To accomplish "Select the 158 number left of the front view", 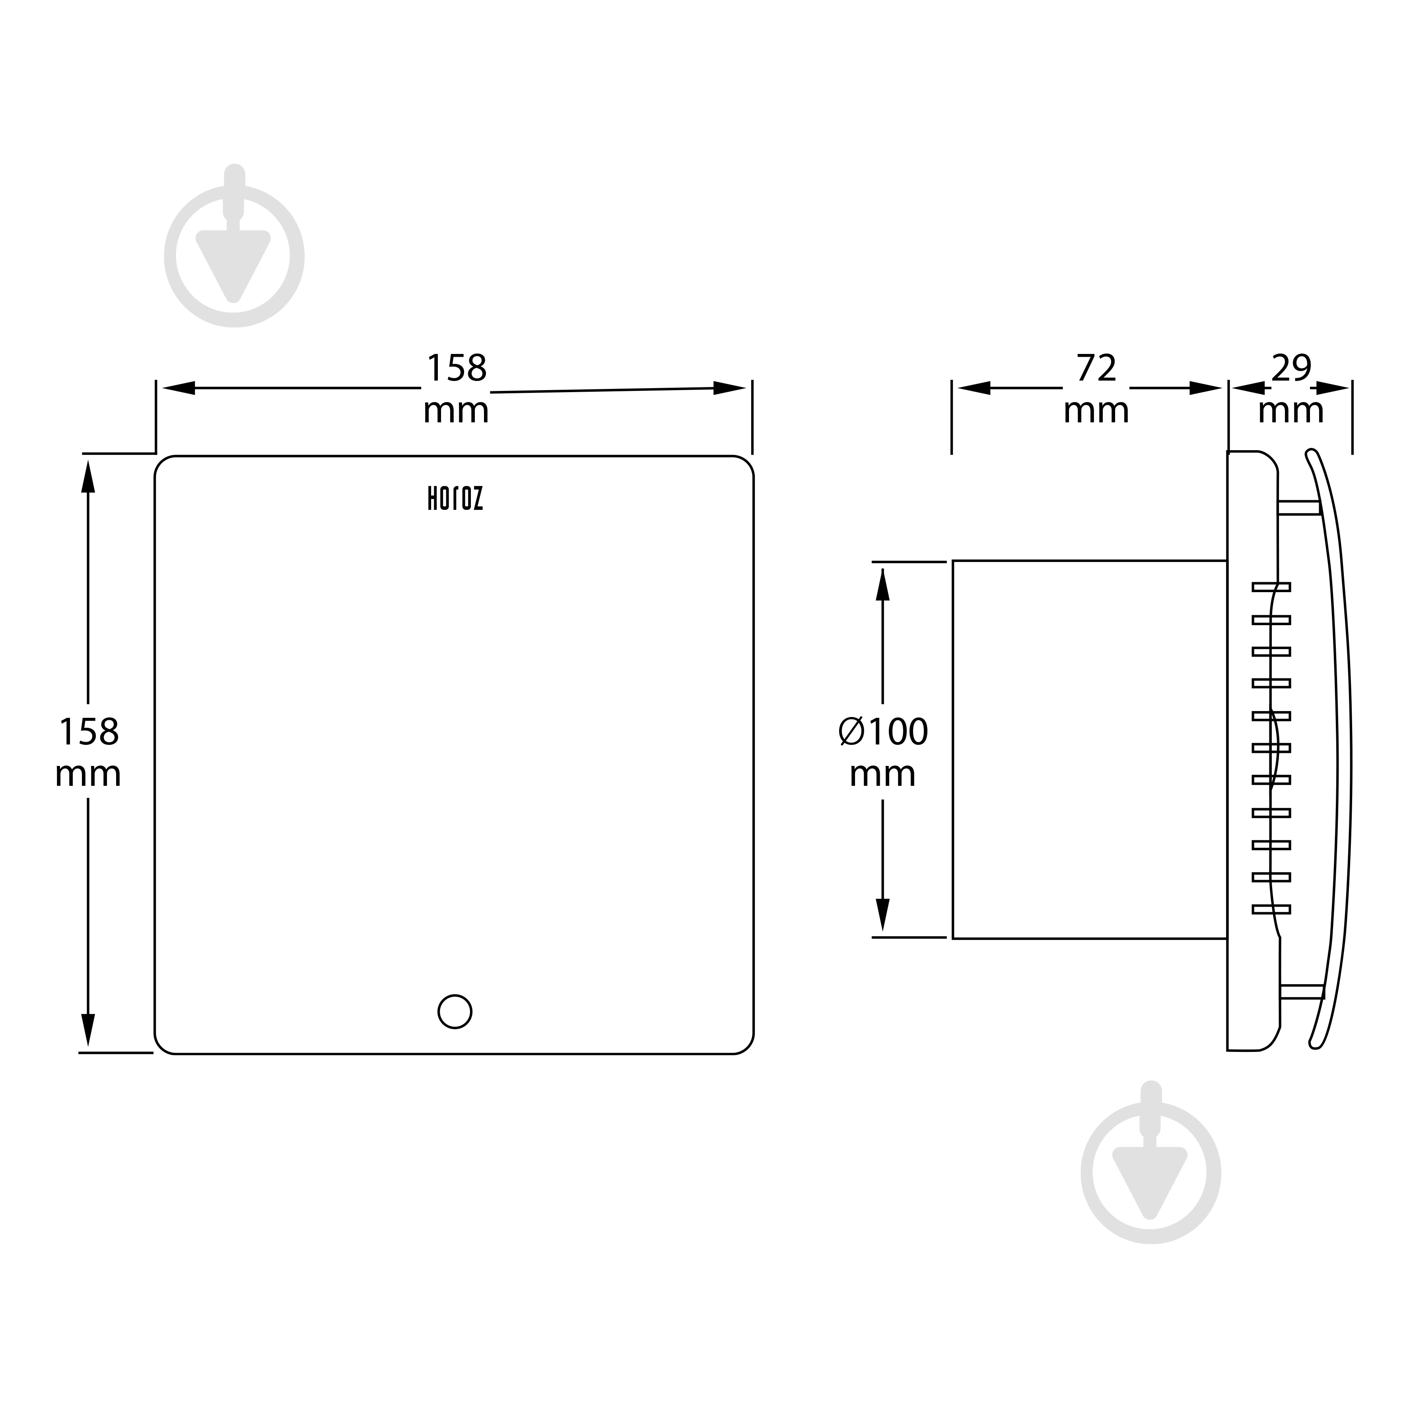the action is [x=88, y=732].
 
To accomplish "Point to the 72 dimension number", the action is [x=1096, y=368].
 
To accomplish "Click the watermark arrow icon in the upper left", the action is [x=234, y=246].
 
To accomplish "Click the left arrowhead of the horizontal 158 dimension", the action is [x=179, y=388].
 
